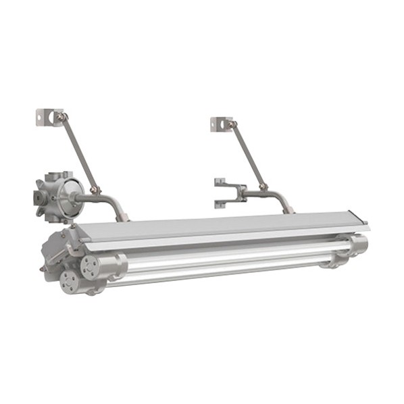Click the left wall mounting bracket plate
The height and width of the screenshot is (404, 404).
pos(45,116)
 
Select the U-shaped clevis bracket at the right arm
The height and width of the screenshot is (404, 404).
pos(227,193)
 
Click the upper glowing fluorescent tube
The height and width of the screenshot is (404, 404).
pos(230,253)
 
